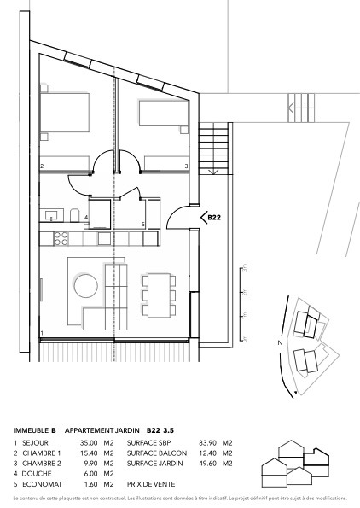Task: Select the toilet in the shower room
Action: (76, 214)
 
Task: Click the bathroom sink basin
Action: (49, 214)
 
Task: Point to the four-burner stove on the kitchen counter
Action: (61, 236)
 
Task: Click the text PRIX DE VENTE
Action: (151, 483)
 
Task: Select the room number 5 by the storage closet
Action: (143, 225)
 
